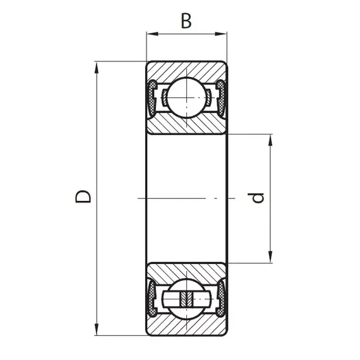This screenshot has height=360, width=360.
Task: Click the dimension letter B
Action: click(186, 21)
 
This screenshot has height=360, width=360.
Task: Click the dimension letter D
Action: click(83, 196)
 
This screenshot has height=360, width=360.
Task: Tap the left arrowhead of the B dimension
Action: click(153, 34)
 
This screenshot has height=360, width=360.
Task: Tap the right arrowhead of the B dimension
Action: click(221, 34)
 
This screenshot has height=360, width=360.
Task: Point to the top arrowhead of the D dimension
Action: click(97, 68)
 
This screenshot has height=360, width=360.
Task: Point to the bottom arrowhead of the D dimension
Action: click(97, 330)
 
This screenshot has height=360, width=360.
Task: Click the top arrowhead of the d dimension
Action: click(270, 140)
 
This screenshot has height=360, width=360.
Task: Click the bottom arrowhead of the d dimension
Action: click(270, 256)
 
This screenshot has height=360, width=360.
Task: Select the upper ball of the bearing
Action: click(186, 97)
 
